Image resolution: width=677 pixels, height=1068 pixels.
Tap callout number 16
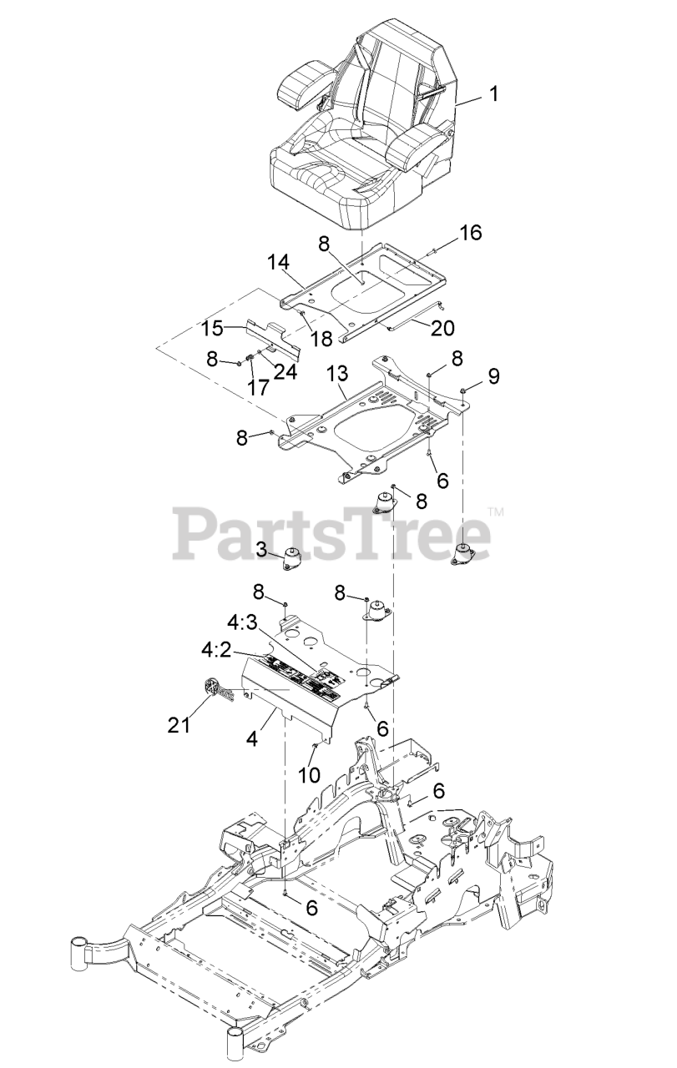click(471, 233)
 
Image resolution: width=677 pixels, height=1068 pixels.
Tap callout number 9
click(494, 376)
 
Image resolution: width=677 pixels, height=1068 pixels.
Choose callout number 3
click(260, 548)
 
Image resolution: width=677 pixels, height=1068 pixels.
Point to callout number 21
click(179, 725)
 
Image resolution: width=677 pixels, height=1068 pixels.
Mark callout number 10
click(310, 773)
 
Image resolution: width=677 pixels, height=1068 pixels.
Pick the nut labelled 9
click(463, 389)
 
